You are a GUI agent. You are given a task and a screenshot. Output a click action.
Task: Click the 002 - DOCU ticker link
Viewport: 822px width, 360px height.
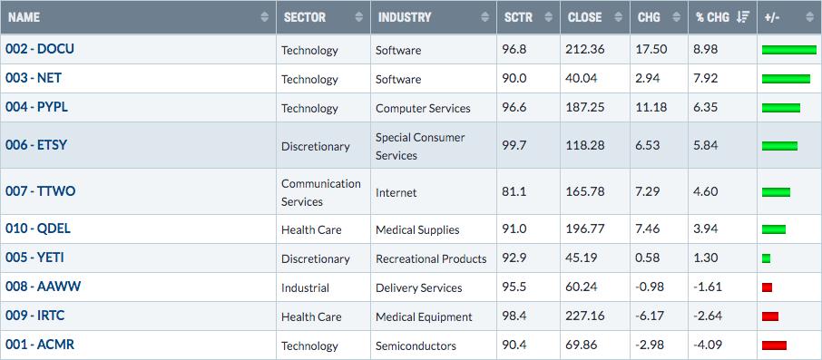(40, 49)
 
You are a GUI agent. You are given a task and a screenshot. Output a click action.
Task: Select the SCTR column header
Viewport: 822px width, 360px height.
(517, 17)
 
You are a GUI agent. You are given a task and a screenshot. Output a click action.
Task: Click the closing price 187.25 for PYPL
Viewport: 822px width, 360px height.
(584, 108)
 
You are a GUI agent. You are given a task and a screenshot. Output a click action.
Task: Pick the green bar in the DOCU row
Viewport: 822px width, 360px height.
(789, 50)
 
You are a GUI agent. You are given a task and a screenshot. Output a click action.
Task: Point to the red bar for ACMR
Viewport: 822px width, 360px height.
(774, 345)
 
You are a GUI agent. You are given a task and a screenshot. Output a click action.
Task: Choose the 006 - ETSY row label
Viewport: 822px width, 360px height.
(36, 145)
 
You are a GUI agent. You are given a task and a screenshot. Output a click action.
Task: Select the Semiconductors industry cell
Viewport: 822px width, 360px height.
(416, 345)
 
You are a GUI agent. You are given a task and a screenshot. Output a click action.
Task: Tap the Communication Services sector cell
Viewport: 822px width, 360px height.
(321, 192)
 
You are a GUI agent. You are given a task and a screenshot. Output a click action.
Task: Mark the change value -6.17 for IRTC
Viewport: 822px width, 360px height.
(649, 316)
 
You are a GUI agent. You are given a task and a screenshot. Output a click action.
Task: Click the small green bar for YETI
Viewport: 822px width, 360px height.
(766, 258)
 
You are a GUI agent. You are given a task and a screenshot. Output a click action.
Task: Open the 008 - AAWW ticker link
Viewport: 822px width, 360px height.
(43, 287)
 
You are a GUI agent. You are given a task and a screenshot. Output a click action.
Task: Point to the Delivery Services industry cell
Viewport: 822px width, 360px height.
(419, 287)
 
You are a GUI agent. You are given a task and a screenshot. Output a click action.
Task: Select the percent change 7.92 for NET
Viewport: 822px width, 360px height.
(707, 79)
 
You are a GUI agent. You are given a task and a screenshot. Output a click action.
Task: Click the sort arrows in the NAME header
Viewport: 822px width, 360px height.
(264, 17)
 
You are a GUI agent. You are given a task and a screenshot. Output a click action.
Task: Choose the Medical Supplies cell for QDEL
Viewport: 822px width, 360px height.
(417, 229)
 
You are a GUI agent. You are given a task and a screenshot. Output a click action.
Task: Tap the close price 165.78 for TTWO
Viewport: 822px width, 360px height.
(584, 192)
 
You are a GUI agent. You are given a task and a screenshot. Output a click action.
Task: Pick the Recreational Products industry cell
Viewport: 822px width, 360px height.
(431, 258)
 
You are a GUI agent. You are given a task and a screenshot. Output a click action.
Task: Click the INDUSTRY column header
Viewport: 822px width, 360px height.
(405, 17)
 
